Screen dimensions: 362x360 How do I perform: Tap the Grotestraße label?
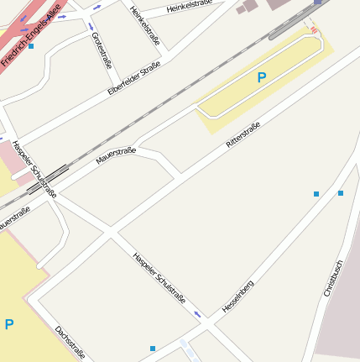[101, 50]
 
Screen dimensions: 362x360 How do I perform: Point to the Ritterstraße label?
[243, 136]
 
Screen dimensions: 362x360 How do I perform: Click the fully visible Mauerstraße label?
[116, 155]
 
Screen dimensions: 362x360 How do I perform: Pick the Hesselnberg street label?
[237, 296]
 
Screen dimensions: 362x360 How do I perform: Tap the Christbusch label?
[332, 277]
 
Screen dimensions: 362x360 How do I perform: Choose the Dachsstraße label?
[70, 342]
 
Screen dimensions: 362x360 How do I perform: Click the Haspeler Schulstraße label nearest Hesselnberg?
[159, 277]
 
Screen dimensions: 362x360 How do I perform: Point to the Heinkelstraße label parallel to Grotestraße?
[145, 25]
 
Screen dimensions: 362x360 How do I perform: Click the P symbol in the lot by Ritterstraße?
[262, 77]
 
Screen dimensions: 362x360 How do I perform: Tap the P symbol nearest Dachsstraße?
[9, 324]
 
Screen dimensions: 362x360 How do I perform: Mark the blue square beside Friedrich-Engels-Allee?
[31, 46]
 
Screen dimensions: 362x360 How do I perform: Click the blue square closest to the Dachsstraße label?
[153, 348]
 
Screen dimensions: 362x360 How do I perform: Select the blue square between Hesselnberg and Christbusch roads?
[316, 194]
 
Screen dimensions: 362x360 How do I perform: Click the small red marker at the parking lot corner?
[314, 30]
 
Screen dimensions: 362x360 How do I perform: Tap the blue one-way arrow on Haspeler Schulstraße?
[198, 314]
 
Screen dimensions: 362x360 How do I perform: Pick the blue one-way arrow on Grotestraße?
[91, 26]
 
